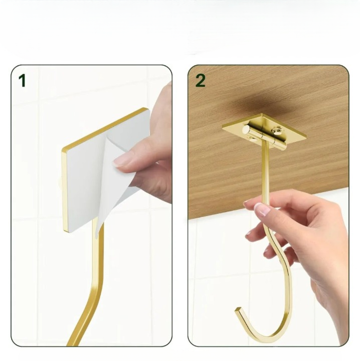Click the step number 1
pyautogui.click(x=22, y=80)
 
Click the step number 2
pyautogui.click(x=201, y=80)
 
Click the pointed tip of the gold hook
pyautogui.click(x=237, y=311)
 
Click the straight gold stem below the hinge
pyautogui.click(x=265, y=170)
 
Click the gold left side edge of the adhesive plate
pyautogui.click(x=64, y=191)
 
